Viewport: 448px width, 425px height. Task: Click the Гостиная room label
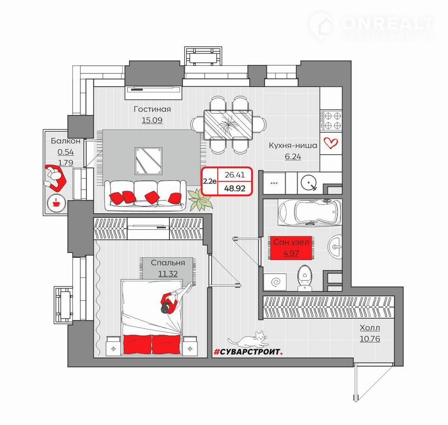[x=152, y=109]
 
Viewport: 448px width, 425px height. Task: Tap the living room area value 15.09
[x=152, y=120]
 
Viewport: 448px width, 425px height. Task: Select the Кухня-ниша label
[x=293, y=145]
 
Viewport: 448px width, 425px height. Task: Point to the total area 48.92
[x=235, y=189]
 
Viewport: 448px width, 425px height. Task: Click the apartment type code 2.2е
[x=210, y=181]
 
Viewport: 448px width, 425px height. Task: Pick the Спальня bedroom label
[x=168, y=262]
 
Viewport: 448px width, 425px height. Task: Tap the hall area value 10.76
[x=370, y=339]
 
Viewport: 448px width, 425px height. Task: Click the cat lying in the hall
[x=248, y=339]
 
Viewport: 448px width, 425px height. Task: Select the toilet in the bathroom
[x=305, y=277]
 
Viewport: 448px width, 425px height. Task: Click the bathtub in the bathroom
[x=309, y=212]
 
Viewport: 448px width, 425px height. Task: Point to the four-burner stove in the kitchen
[x=331, y=120]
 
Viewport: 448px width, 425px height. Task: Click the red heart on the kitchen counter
[x=330, y=143]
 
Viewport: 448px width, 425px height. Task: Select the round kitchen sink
[x=308, y=183]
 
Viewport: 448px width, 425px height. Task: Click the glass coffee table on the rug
[x=148, y=161]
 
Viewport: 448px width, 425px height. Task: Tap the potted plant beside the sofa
[x=201, y=199]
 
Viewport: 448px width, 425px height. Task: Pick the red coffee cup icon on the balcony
[x=56, y=203]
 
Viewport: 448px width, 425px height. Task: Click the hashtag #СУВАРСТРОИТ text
[x=248, y=352]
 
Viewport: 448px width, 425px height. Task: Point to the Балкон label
[x=66, y=141]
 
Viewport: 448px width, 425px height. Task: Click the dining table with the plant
[x=228, y=125]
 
